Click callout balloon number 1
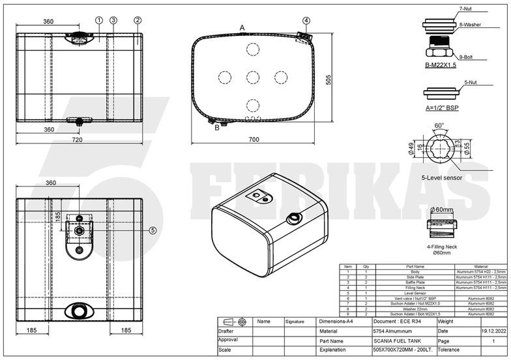(99, 20)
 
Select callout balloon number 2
(138, 20)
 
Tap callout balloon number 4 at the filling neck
(306, 20)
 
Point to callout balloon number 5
(153, 230)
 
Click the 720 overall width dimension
(77, 140)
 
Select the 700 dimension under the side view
(254, 140)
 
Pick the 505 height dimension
(329, 79)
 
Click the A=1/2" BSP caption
(441, 106)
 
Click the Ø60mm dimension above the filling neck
(441, 209)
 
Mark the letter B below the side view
(217, 128)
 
